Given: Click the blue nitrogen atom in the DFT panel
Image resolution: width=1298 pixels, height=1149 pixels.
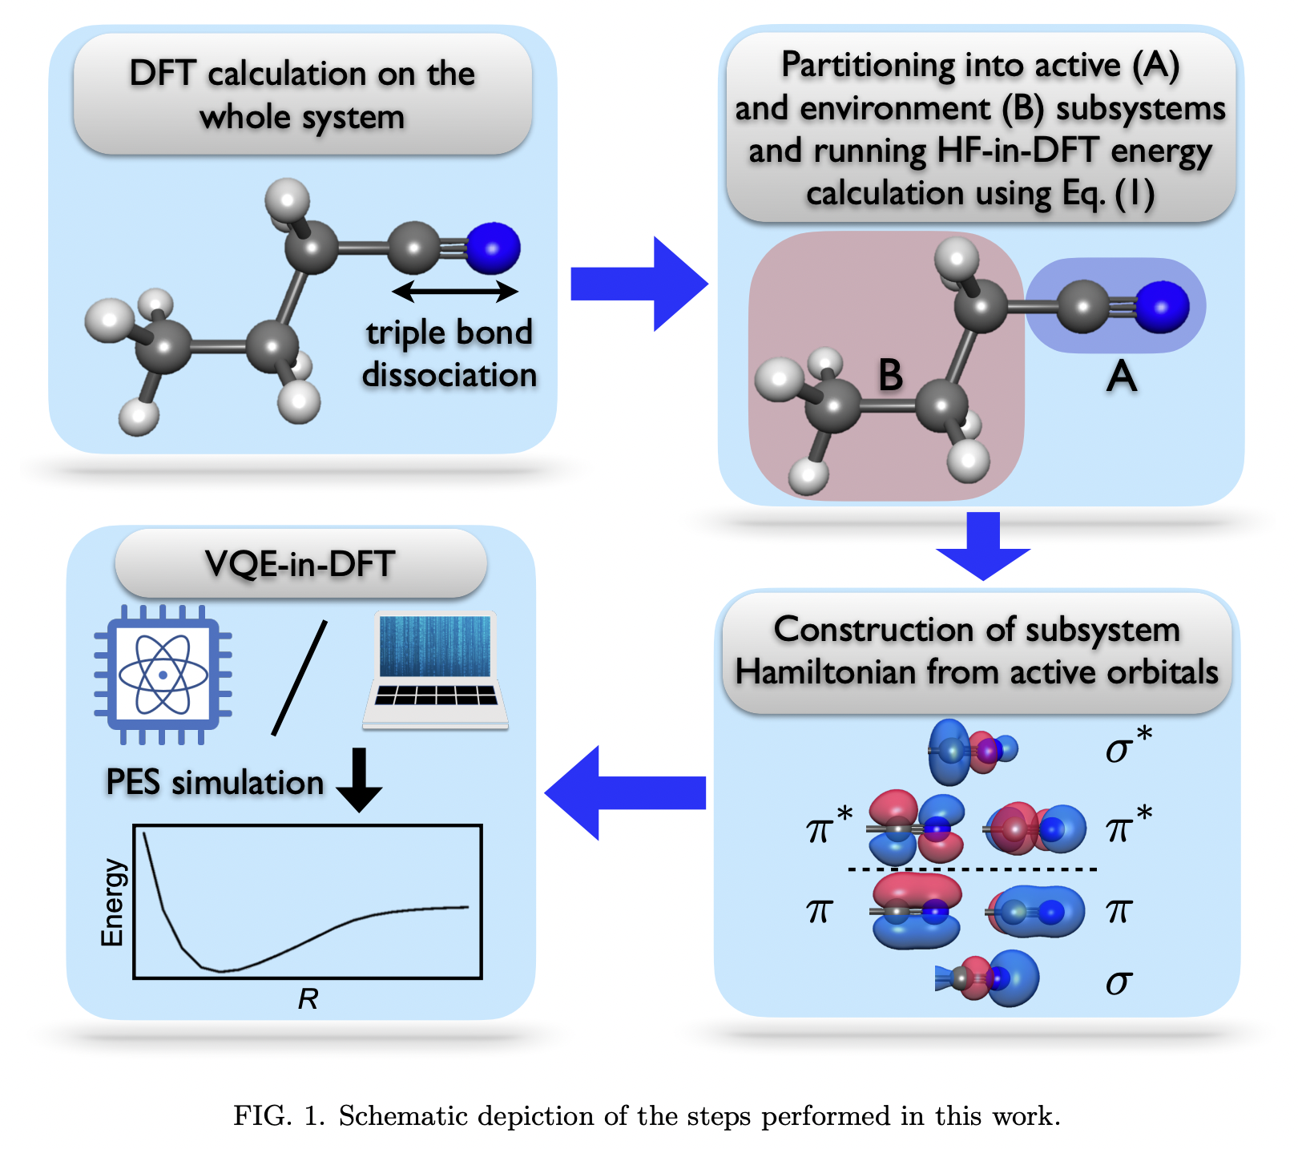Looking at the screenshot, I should tap(493, 248).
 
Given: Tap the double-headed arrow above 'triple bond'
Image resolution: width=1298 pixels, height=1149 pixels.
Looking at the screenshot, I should tap(455, 291).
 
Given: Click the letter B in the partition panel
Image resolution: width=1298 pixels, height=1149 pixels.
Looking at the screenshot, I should tap(890, 375).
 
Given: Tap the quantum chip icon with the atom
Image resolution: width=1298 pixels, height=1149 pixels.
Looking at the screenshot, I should tap(163, 674).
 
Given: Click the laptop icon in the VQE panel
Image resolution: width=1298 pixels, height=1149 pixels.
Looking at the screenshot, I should tap(435, 670).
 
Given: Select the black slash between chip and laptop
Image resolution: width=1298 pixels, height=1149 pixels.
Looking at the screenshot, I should tap(300, 678).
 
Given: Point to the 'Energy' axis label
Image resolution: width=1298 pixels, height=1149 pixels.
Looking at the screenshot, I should tap(113, 902).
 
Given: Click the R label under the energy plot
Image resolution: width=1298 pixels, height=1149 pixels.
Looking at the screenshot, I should tap(308, 999).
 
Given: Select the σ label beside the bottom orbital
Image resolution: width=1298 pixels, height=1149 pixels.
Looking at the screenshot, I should tap(1119, 982).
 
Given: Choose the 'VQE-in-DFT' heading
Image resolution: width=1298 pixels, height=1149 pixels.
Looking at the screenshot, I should tap(300, 564).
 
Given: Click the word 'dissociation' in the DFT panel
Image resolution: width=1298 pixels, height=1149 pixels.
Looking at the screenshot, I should tap(449, 375).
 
